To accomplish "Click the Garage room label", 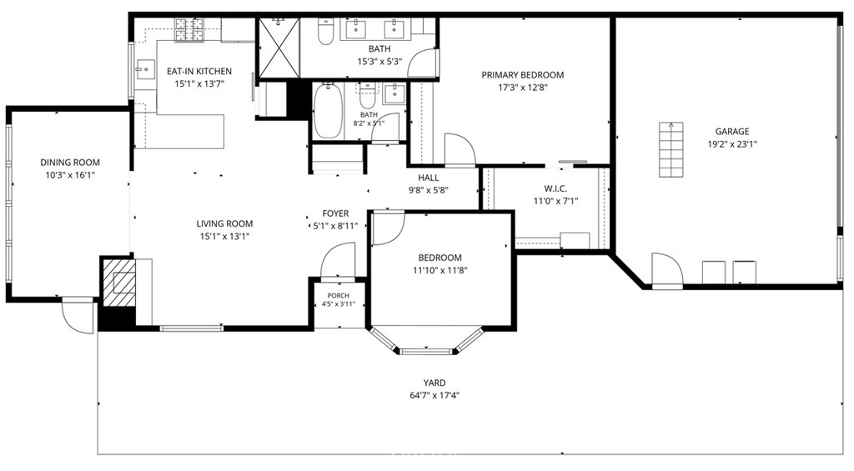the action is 732,131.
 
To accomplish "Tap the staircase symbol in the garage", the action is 671,150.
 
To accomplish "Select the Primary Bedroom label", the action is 522,75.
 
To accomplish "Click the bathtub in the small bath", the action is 328,111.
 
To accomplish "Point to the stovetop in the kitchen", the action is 189,30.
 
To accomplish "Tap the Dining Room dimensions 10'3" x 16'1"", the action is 70,175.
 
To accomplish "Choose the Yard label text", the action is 434,383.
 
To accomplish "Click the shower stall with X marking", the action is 279,49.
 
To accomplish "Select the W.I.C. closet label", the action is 555,189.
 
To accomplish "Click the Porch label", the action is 339,296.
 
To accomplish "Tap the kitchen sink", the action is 145,68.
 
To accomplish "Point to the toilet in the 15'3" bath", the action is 325,32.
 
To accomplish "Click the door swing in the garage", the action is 667,269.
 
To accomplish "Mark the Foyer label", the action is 335,213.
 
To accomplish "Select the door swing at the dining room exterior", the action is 78,316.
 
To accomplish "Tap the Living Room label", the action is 224,223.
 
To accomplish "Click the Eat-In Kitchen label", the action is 199,72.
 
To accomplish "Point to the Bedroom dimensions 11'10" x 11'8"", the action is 440,270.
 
